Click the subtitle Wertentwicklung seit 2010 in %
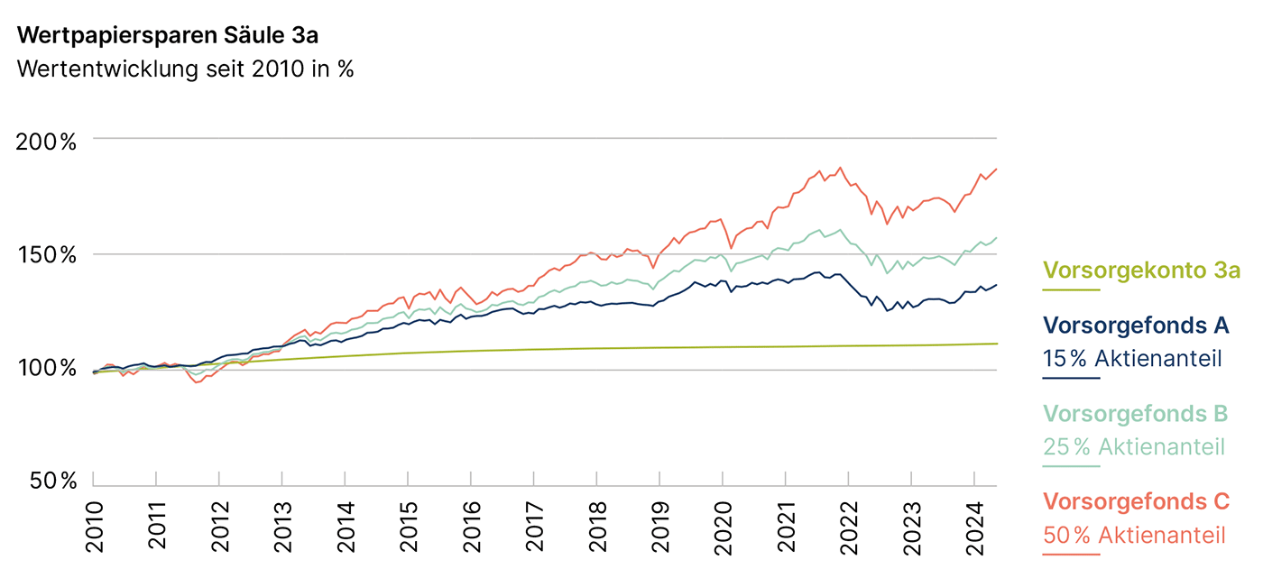click(x=185, y=69)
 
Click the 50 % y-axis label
click(x=51, y=482)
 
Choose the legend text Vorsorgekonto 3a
click(x=1141, y=270)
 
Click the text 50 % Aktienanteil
click(x=1134, y=535)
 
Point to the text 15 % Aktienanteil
click(x=1132, y=358)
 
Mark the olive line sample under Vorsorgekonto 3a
click(x=1071, y=290)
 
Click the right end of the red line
click(x=996, y=169)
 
